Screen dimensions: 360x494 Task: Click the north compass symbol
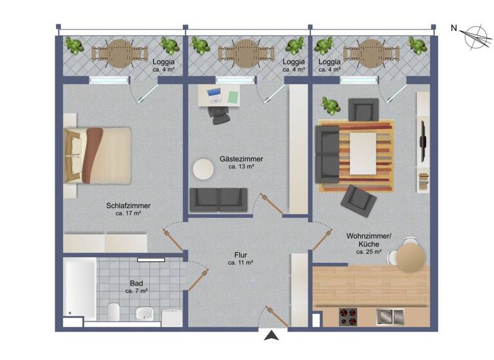[x=475, y=36]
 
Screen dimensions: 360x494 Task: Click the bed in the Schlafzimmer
[x=98, y=155]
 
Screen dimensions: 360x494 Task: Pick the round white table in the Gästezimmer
[x=204, y=170]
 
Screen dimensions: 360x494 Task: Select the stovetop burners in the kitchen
[x=348, y=316]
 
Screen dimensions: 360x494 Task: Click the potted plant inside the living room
[x=331, y=105]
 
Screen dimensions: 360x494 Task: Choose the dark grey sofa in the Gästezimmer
[x=218, y=199]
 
